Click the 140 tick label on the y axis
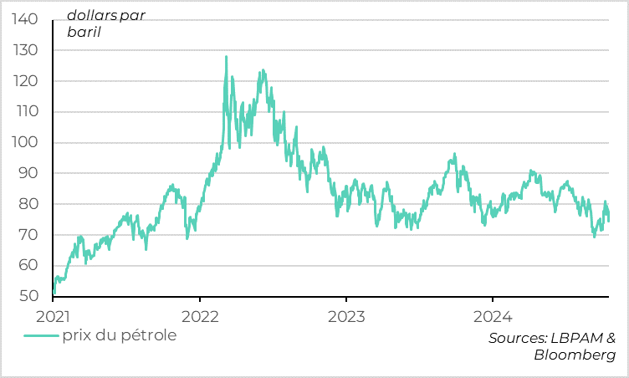[x=26, y=19]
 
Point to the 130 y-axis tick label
[x=26, y=50]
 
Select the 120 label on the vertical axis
[x=26, y=81]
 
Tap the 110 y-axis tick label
[x=26, y=112]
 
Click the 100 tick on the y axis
[x=26, y=143]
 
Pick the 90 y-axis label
[x=28, y=173]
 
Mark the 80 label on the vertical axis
[x=28, y=204]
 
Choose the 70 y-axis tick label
[x=28, y=235]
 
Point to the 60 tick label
[x=28, y=266]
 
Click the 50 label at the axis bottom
[x=28, y=296]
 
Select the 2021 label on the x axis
[x=54, y=316]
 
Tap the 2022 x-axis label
[x=199, y=316]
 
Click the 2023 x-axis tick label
[x=345, y=316]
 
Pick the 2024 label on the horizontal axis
[x=492, y=316]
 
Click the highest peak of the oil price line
[x=226, y=57]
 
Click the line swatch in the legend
[x=41, y=336]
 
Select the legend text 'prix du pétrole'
[x=120, y=335]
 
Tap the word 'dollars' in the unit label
[x=94, y=16]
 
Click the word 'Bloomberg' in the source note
[x=575, y=355]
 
